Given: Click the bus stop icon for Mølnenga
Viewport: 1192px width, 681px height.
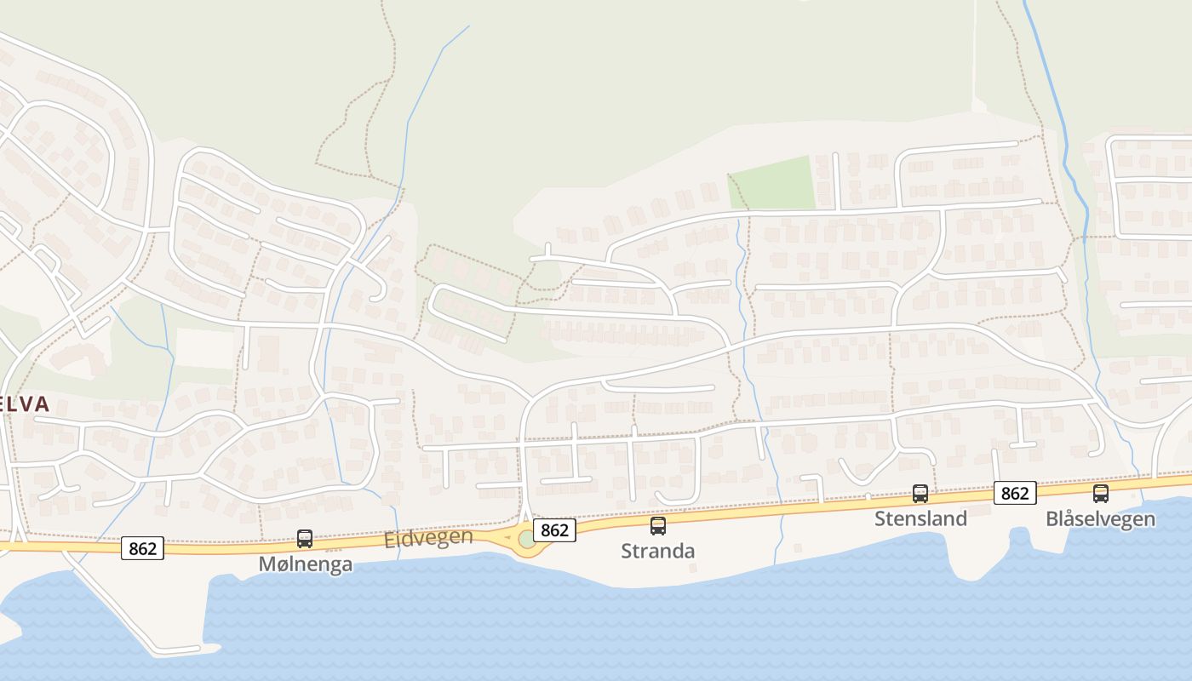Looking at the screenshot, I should point(305,538).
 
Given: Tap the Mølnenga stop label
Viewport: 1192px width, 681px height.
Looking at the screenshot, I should point(306,564).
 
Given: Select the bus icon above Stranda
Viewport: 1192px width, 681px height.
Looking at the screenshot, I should point(658,525).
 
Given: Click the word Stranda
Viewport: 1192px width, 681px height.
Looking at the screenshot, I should point(657,551).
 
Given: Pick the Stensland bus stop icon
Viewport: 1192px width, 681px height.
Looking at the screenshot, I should point(920,493).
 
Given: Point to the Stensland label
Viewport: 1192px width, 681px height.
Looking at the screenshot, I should point(920,518).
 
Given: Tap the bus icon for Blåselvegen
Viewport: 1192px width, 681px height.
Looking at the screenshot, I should point(1101,493).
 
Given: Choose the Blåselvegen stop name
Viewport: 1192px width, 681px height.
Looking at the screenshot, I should point(1100,518).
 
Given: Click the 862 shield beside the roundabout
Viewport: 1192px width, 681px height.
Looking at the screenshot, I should point(554,530).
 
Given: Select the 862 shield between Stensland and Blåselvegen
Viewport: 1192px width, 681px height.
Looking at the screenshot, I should point(1014,493).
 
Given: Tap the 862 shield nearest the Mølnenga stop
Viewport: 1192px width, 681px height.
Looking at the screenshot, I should point(141,548).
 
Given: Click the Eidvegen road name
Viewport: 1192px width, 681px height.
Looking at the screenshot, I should point(428,538).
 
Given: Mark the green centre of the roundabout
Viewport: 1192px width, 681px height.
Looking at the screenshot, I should point(527,539).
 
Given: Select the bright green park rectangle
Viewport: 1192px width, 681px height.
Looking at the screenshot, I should point(772,183).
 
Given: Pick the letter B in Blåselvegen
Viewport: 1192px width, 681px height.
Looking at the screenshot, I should point(1052,518).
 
